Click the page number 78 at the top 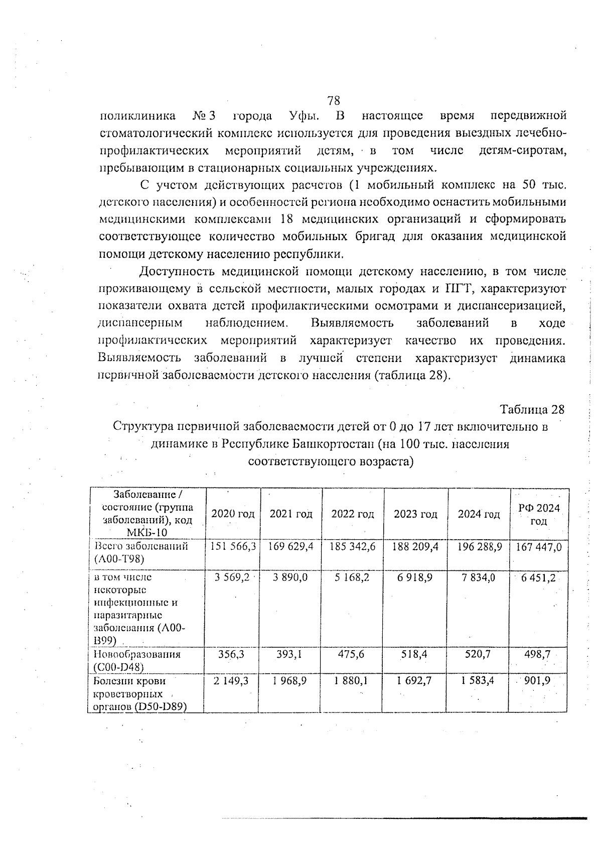334,100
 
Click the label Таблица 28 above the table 532,409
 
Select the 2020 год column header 233,514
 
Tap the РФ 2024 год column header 538,514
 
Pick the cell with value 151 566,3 233,546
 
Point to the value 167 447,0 539,546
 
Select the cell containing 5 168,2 352,577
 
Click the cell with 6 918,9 415,577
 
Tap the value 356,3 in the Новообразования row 231,654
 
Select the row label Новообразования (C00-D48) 136,660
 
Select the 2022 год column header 352,514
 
